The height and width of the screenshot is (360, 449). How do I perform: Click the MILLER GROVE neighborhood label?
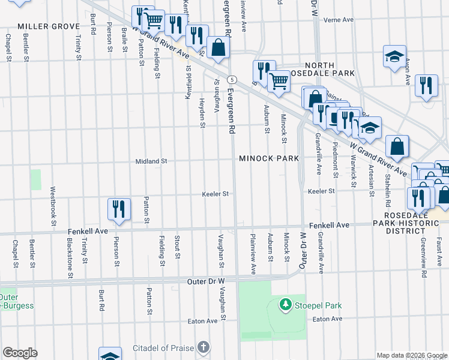(49, 26)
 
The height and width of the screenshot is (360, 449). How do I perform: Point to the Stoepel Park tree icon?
(286, 305)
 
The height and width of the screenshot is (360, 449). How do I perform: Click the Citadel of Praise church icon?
(203, 347)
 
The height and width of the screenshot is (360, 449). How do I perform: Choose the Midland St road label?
(151, 161)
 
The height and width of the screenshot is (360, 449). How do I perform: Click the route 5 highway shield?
(232, 79)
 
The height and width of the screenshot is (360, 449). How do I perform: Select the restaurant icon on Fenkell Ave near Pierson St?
(119, 209)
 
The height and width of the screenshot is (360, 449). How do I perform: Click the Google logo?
(19, 353)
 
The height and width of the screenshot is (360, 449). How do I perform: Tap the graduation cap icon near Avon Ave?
(394, 56)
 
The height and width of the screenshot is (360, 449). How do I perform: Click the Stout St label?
(177, 247)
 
